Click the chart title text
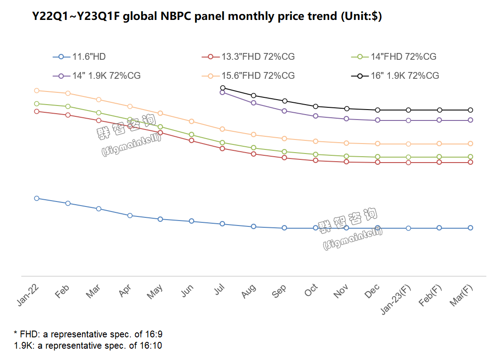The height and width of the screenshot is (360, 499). [206, 17]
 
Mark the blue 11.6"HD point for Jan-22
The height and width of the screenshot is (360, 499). [37, 198]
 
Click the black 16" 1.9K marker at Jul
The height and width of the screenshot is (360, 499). [223, 88]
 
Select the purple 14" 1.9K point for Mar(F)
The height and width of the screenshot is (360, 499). [470, 120]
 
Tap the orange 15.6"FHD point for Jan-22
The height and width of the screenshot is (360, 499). [37, 91]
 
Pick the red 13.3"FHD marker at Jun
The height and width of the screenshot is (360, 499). [192, 140]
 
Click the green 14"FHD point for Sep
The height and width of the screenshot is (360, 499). [284, 152]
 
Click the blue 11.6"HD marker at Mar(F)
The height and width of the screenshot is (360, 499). [470, 228]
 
